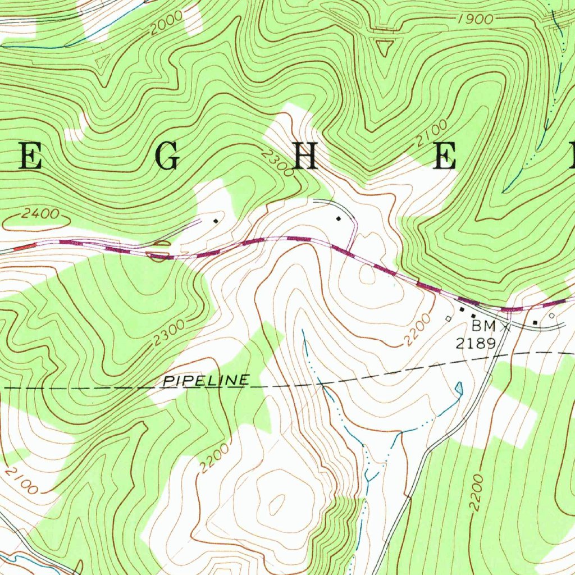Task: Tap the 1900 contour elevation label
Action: (474, 20)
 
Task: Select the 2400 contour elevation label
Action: (40, 214)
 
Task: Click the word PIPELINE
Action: (206, 381)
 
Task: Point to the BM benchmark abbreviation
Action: (483, 326)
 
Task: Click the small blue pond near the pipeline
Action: (459, 387)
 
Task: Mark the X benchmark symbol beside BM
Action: (508, 327)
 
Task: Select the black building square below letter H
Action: (338, 218)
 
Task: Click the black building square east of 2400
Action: (216, 221)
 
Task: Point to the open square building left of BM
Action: (448, 318)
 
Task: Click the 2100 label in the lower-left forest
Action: (22, 481)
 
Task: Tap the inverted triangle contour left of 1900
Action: (384, 48)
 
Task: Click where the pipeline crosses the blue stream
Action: (321, 385)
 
